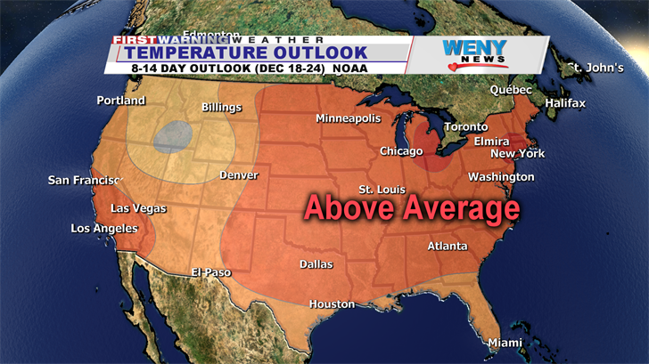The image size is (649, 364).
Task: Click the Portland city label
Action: pyautogui.click(x=120, y=101)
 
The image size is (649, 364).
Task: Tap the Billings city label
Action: pyautogui.click(x=221, y=108)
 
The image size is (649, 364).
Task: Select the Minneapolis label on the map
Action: pyautogui.click(x=348, y=118)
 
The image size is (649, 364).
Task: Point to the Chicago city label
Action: pyautogui.click(x=401, y=151)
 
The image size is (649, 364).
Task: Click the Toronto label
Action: pyautogui.click(x=466, y=127)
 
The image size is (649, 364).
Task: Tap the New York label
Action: pyautogui.click(x=517, y=153)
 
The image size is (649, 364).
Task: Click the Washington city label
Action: pyautogui.click(x=501, y=177)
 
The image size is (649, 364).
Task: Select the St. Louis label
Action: pyautogui.click(x=382, y=190)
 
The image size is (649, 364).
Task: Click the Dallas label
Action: pyautogui.click(x=316, y=264)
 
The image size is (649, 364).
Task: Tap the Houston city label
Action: pyautogui.click(x=332, y=304)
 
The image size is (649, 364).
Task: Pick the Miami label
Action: pyautogui.click(x=505, y=343)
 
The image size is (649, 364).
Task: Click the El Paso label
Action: pyautogui.click(x=211, y=272)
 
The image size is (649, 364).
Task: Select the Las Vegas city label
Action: pyautogui.click(x=138, y=208)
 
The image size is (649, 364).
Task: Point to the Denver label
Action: pyautogui.click(x=238, y=175)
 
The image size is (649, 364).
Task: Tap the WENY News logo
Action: pyautogui.click(x=475, y=54)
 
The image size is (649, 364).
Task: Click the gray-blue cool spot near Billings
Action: pyautogui.click(x=170, y=136)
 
